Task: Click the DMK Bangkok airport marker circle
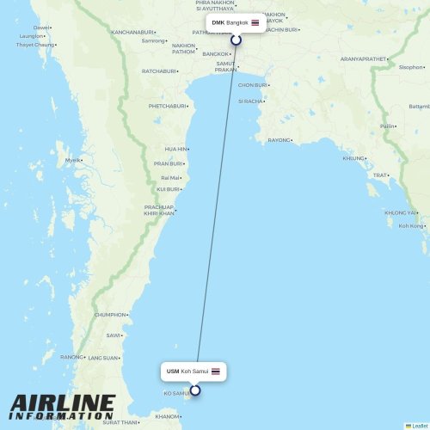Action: [236, 40]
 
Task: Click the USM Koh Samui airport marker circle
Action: [195, 390]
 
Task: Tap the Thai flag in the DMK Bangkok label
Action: [255, 22]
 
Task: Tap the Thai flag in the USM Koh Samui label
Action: [215, 372]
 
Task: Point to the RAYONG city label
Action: [279, 140]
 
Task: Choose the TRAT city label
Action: [379, 175]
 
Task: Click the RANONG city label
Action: [71, 357]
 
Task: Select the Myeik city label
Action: [73, 160]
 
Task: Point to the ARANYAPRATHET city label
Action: [363, 58]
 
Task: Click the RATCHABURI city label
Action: [158, 71]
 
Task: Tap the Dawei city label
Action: [40, 28]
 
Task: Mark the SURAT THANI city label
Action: [120, 422]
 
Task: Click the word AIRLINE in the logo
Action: [62, 402]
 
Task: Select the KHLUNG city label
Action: [353, 158]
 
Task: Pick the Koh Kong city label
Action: [411, 226]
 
